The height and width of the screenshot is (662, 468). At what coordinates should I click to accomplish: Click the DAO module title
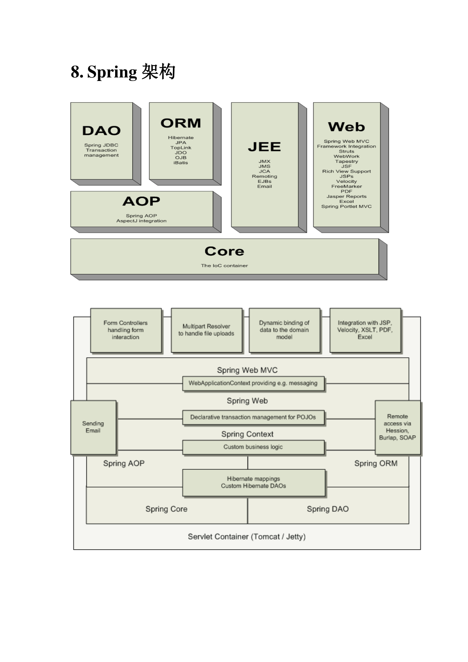pos(101,131)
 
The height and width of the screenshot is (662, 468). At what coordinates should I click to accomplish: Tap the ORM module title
pos(181,123)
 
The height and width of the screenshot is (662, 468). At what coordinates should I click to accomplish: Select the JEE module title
pos(264,147)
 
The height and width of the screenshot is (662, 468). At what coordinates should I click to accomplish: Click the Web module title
pos(347,127)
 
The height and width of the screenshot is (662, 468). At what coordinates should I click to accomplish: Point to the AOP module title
pos(141,201)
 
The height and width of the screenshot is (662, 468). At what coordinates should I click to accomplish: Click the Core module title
pos(224,251)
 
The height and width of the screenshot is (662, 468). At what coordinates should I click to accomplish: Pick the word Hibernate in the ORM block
pos(181,138)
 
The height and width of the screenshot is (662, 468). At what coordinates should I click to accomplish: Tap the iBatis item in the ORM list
pos(181,163)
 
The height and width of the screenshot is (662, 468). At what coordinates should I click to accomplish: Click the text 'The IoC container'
pos(224,266)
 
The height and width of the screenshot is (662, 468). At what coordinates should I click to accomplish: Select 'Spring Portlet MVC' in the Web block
pos(347,206)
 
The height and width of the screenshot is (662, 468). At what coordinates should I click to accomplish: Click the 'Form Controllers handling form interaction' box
pos(126,330)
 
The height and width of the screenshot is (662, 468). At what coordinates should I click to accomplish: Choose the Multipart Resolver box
pos(206,330)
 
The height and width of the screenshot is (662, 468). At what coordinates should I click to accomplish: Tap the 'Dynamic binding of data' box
pos(284,330)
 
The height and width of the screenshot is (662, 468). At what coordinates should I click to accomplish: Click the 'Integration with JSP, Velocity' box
pos(365,330)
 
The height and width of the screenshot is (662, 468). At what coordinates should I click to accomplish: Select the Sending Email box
pos(93,427)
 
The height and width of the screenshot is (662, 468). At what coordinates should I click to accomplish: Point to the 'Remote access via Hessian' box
pos(397,427)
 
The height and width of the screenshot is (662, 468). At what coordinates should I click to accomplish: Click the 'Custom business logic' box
pos(253,447)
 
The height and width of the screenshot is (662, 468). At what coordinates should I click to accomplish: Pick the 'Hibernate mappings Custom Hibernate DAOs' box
pos(253,482)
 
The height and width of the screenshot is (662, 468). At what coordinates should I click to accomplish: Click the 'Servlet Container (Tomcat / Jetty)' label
pos(247,537)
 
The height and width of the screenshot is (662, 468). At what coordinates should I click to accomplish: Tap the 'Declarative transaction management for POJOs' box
pos(253,417)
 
